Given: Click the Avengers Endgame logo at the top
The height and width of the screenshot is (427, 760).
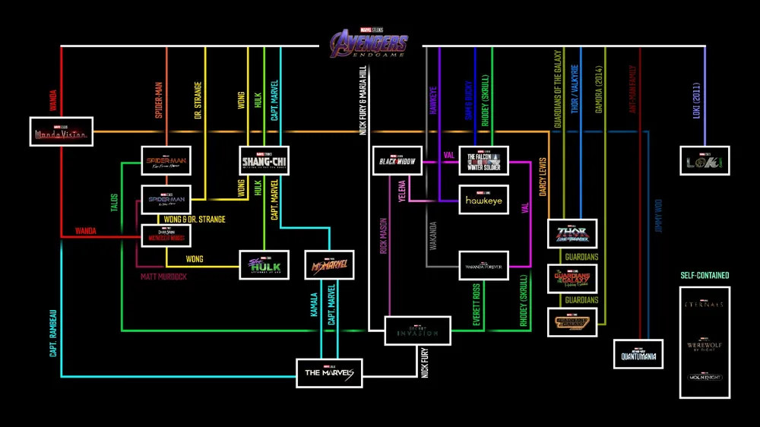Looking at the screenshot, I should pos(369,44).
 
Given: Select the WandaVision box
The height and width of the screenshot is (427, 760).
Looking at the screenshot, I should pos(61,132).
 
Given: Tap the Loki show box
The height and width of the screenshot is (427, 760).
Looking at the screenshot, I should pos(705,161).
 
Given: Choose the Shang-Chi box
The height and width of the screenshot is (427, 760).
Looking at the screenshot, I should pos(264,161).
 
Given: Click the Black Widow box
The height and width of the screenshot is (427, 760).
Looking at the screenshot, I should pos(396,161).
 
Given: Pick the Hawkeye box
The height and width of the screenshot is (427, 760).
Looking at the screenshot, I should pos(483,200).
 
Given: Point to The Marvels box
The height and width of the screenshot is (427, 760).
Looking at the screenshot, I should pos(329,372).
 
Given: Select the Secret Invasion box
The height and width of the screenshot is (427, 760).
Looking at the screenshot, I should pos(418,331).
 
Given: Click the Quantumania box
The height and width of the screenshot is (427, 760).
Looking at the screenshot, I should pos(638,354).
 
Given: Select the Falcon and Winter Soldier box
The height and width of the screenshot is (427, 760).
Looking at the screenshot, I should pos(483,161).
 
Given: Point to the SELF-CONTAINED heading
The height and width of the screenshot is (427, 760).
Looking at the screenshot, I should pos(704,275).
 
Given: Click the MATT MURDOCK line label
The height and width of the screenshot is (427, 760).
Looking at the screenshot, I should pos(163,277).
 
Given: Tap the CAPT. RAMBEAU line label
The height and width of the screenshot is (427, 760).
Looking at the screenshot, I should pos(54,331).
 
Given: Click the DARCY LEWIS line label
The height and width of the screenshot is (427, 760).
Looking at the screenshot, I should pos(543,178).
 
